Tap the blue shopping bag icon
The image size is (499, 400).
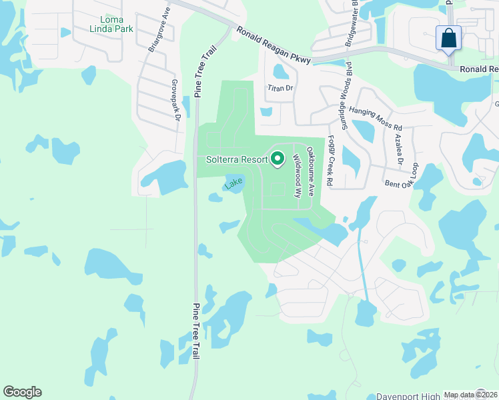tap(449, 38)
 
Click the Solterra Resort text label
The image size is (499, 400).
tap(236, 159)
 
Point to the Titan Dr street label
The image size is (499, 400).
tap(280, 88)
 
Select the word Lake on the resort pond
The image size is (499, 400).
tap(233, 183)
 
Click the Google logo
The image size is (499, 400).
tap(22, 392)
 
